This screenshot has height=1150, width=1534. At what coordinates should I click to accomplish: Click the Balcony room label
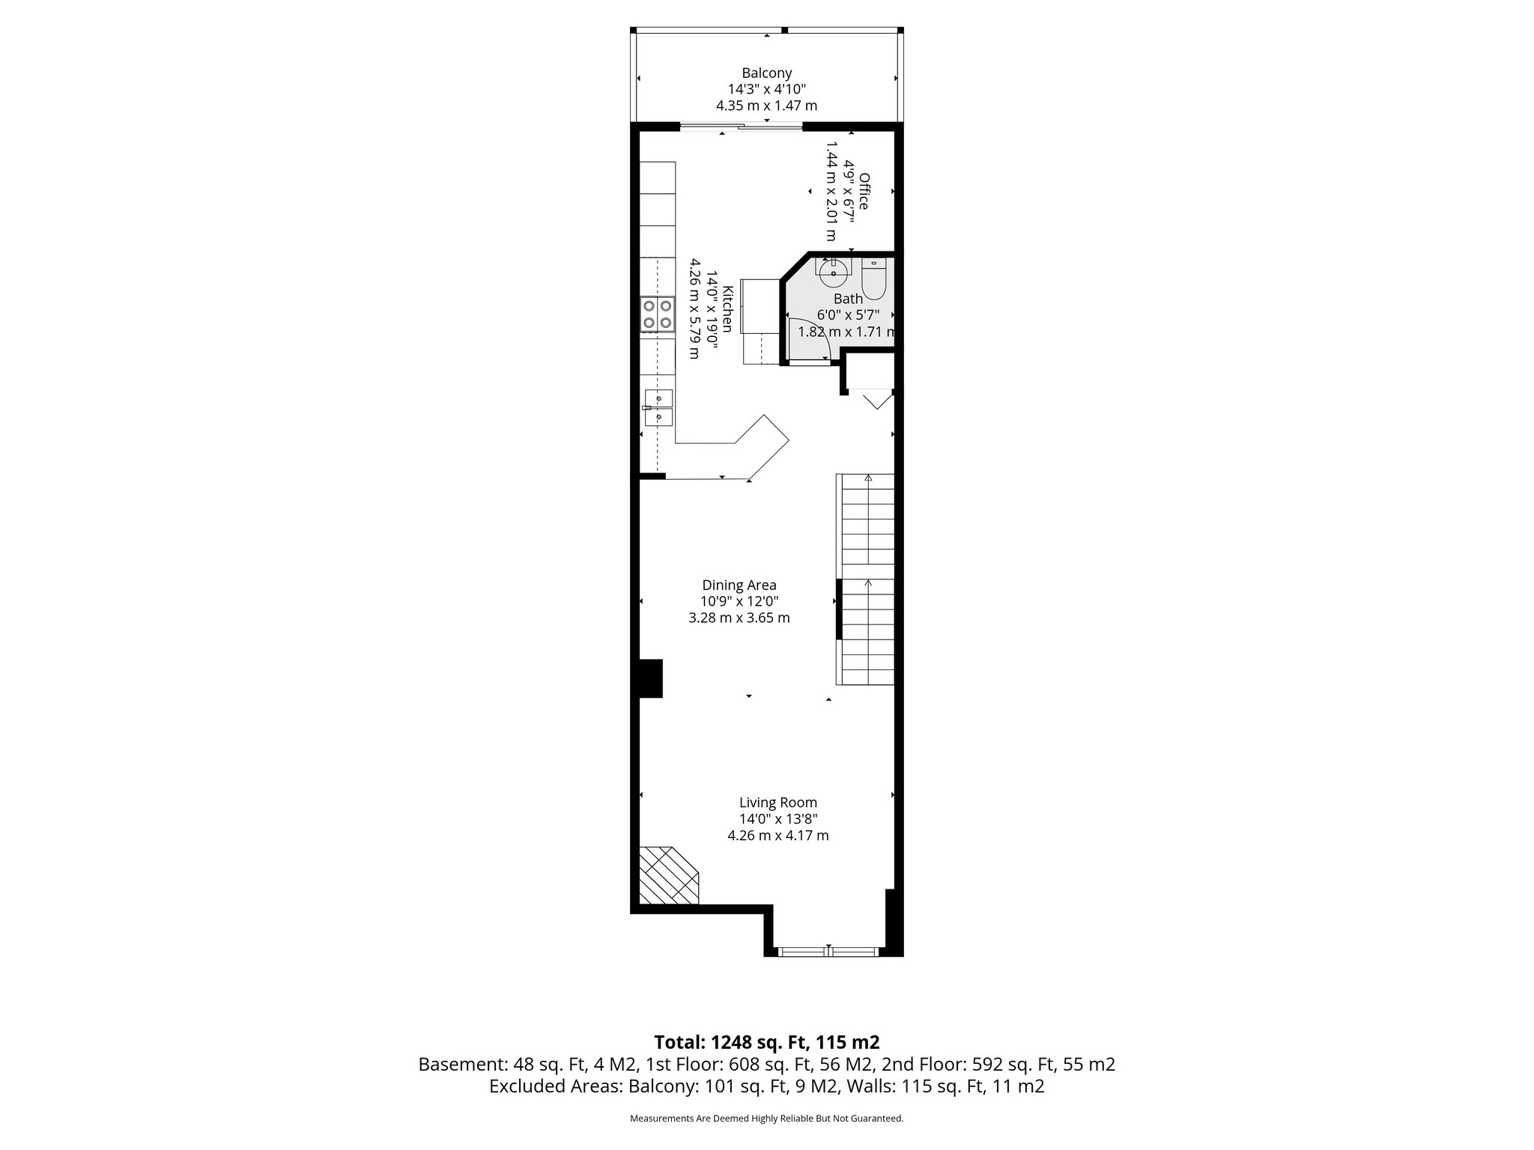pyautogui.click(x=766, y=73)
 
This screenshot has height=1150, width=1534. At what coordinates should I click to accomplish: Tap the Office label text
pyautogui.click(x=864, y=191)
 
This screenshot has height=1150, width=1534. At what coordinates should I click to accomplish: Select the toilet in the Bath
pyautogui.click(x=873, y=282)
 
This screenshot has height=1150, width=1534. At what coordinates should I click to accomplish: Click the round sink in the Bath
pyautogui.click(x=833, y=273)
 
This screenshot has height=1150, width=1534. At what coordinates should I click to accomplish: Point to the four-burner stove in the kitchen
pyautogui.click(x=133, y=314)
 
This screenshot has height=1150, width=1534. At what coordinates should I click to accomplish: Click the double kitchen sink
pyautogui.click(x=135, y=408)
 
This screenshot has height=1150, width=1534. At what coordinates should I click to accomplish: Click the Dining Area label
pyautogui.click(x=739, y=585)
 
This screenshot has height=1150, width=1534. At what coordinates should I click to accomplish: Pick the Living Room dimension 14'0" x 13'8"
pyautogui.click(x=777, y=819)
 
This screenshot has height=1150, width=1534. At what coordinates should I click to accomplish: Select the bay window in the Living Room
pyautogui.click(x=827, y=952)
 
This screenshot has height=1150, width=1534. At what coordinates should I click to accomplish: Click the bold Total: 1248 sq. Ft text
pyautogui.click(x=766, y=1042)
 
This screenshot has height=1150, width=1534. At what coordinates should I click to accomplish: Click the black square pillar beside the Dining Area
pyautogui.click(x=649, y=678)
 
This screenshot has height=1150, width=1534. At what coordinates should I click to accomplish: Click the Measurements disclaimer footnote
pyautogui.click(x=766, y=1119)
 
